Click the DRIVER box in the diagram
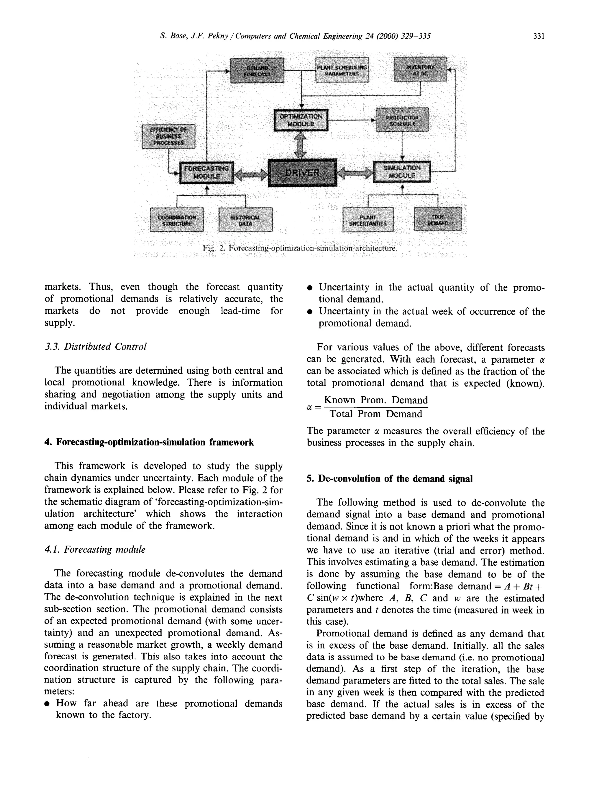pyautogui.click(x=302, y=173)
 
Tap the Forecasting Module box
pyautogui.click(x=206, y=172)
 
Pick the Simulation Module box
pyautogui.click(x=402, y=172)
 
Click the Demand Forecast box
pyautogui.click(x=257, y=70)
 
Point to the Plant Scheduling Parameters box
pyautogui.click(x=342, y=70)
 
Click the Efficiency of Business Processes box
pyautogui.click(x=169, y=136)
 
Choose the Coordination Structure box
pyautogui.click(x=177, y=220)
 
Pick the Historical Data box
pyautogui.click(x=245, y=220)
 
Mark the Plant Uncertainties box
pyautogui.click(x=368, y=220)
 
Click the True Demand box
pyautogui.click(x=437, y=219)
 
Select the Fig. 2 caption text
pyautogui.click(x=300, y=248)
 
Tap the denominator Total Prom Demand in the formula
pyautogui.click(x=375, y=414)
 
